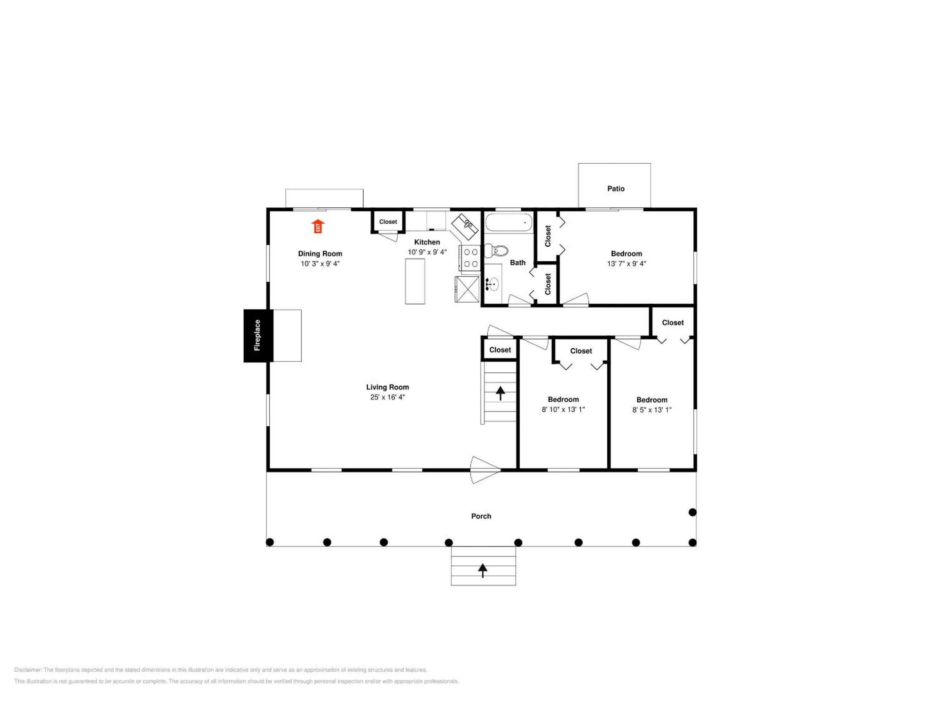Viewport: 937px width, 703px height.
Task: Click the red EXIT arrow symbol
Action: click(318, 226)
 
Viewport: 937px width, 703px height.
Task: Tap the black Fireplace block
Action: click(258, 336)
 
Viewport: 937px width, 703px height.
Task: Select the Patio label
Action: click(616, 188)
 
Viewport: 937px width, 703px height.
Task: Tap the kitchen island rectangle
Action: click(415, 282)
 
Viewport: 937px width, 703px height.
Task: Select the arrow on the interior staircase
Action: click(500, 393)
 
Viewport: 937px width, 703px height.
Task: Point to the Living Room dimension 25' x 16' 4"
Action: click(387, 397)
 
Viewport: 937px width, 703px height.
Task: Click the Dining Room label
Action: click(320, 254)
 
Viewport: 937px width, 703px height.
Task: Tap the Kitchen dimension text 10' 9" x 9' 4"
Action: click(427, 252)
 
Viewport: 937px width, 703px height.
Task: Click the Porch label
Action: click(481, 516)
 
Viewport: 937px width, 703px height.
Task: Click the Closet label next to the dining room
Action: click(388, 222)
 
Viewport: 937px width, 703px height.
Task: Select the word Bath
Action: click(518, 263)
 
